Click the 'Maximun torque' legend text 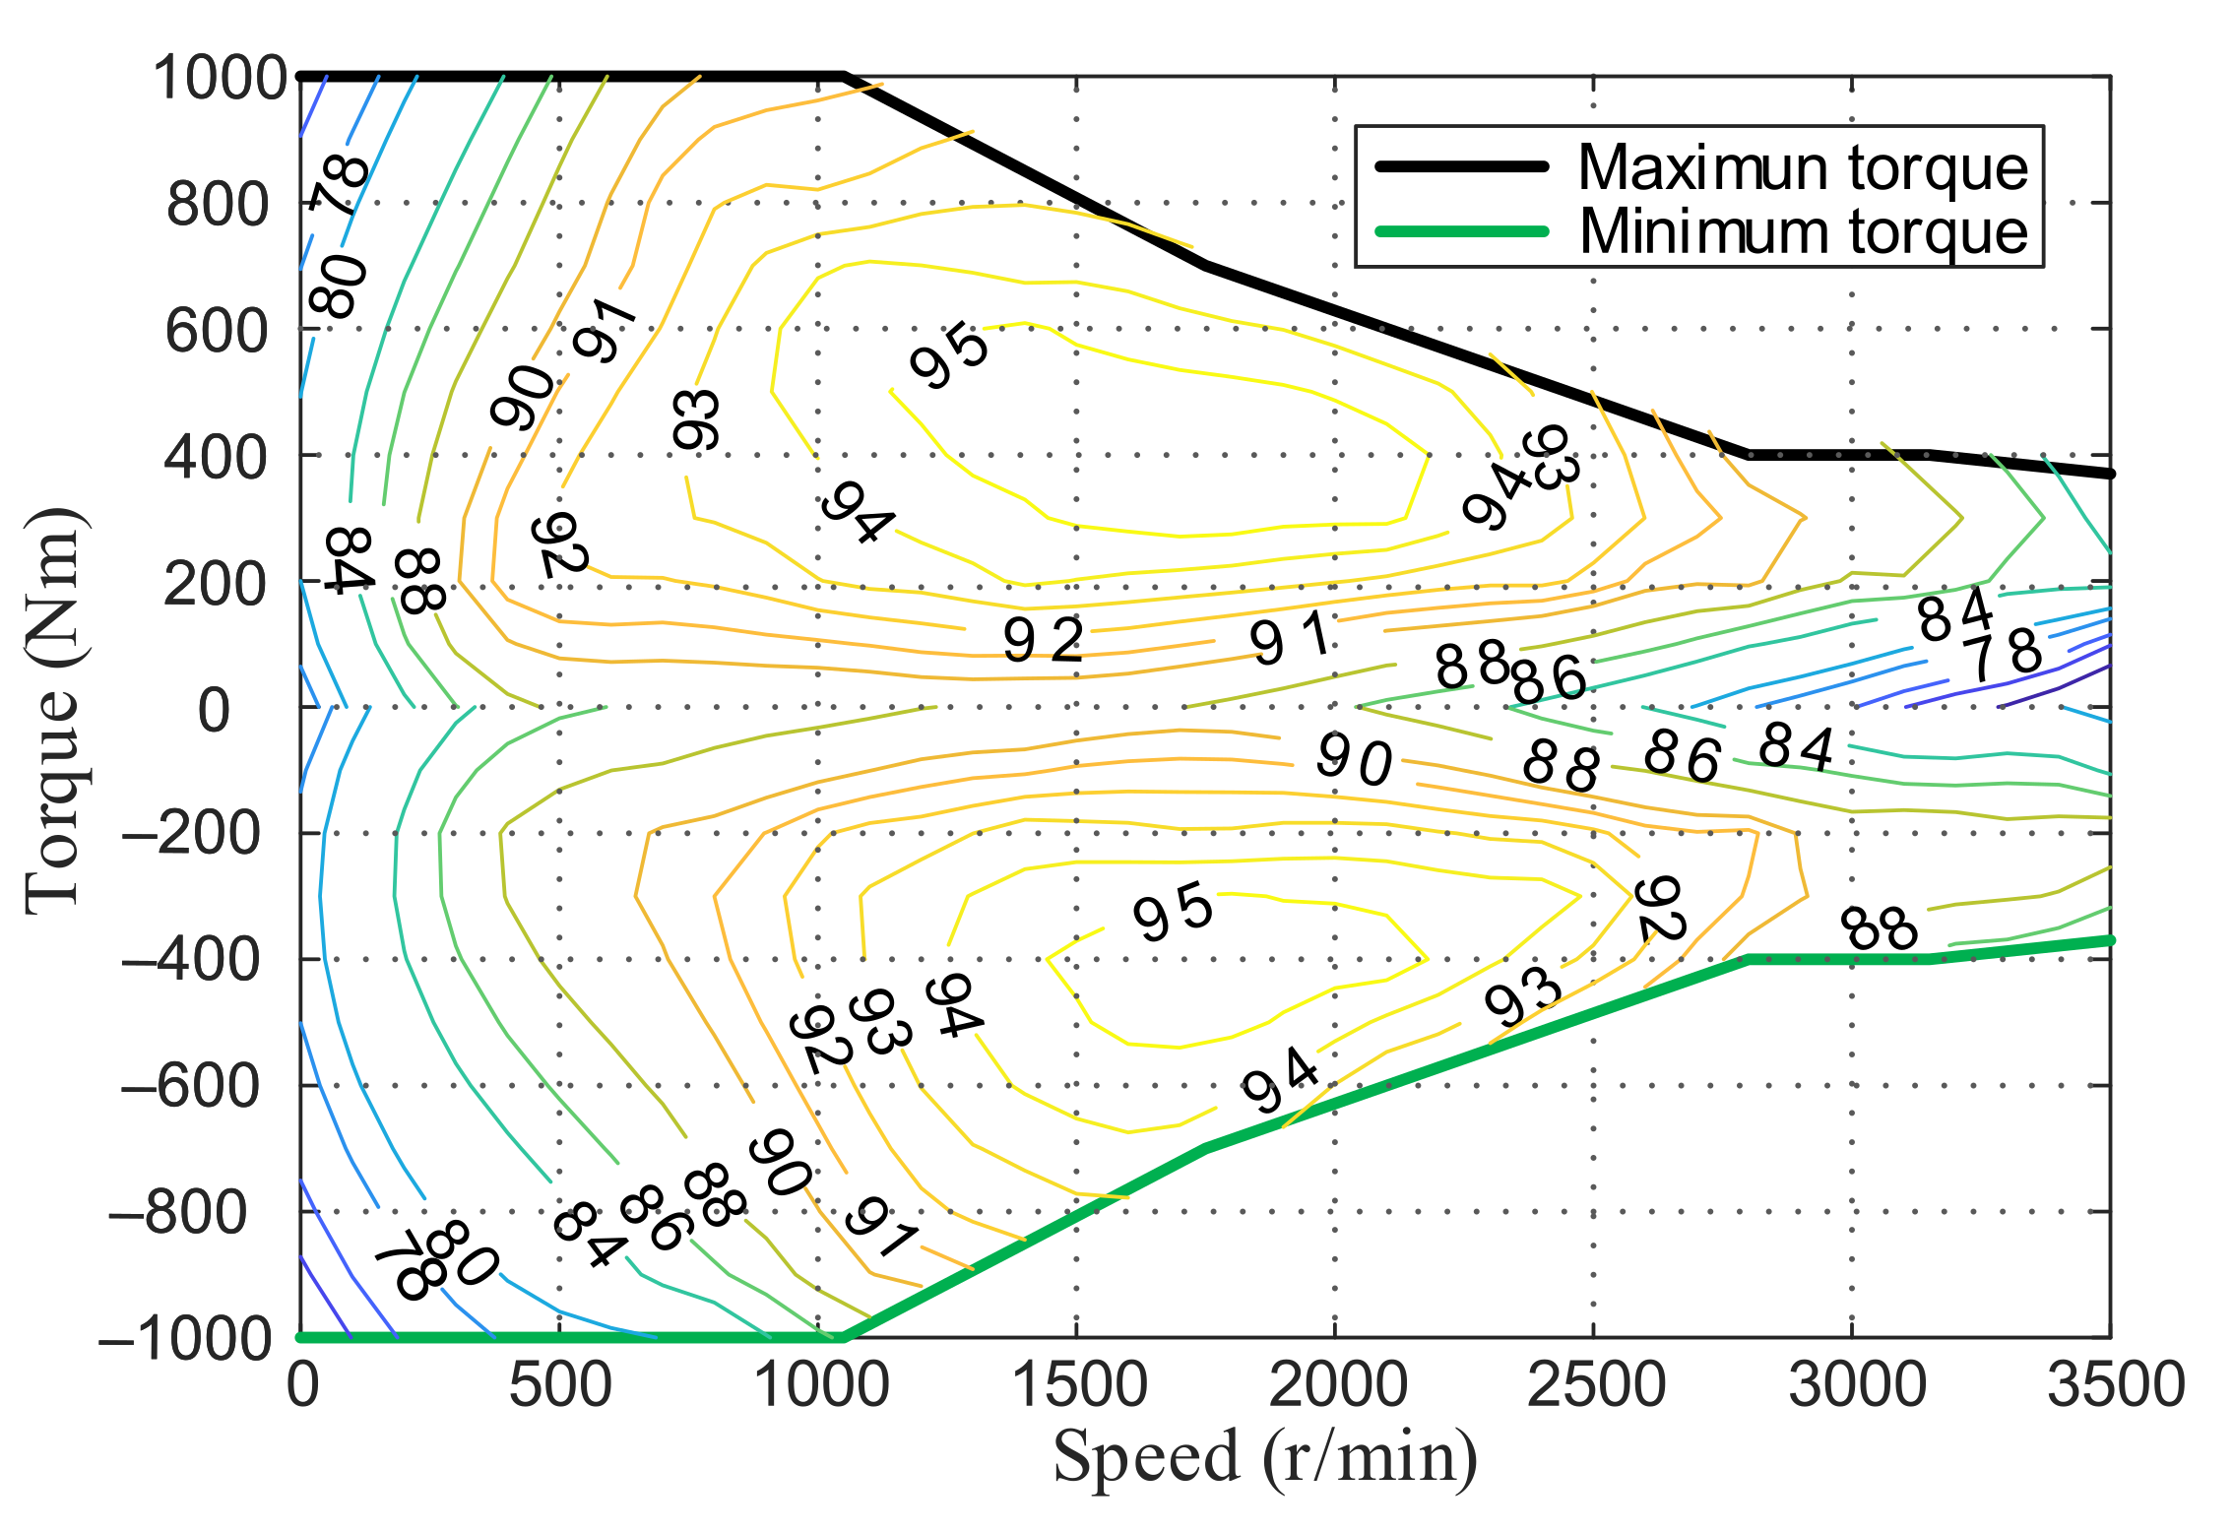tap(1803, 168)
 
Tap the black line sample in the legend tap(1462, 166)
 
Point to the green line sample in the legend tap(1462, 232)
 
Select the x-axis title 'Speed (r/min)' tap(1265, 1456)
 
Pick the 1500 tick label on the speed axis tap(1079, 1385)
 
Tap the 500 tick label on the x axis tap(559, 1385)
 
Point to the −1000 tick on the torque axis tap(185, 1339)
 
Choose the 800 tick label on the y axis tap(217, 205)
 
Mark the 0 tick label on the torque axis tap(214, 710)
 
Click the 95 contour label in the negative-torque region tap(1173, 913)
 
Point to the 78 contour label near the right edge tap(2007, 654)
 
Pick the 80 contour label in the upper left tap(339, 286)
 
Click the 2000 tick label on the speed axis tap(1337, 1385)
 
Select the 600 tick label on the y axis tap(217, 331)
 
